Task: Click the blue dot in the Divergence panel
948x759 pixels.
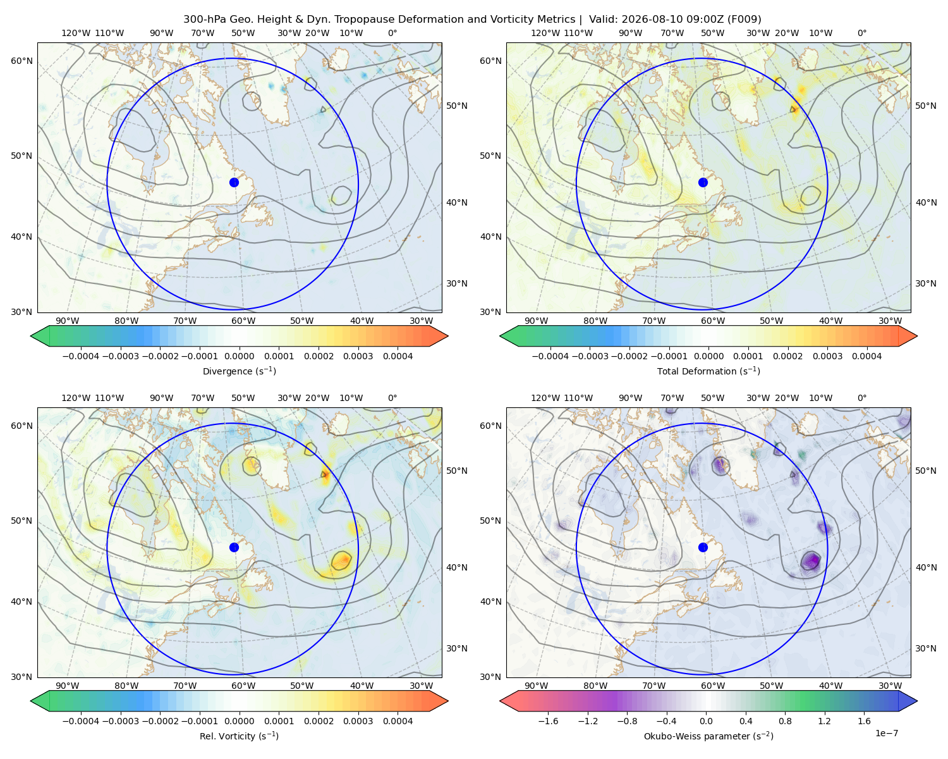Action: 234,182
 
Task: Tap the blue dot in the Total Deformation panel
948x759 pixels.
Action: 703,182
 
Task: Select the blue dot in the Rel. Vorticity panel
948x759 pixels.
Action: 234,547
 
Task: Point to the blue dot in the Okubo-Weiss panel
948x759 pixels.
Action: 703,547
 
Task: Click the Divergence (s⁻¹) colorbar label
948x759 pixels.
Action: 239,371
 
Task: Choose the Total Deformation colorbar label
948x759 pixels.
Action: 708,371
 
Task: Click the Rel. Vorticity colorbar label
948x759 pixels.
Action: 239,736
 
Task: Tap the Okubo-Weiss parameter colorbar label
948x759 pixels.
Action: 708,736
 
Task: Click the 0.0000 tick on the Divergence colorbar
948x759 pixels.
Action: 239,356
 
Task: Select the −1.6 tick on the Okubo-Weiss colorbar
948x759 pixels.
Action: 549,720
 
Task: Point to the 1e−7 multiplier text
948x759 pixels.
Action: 886,733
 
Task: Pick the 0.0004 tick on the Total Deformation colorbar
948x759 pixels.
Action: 866,356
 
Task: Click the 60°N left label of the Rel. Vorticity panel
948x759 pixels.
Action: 21,426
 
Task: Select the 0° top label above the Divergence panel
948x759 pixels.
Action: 392,33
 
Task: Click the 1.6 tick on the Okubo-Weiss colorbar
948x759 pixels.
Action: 864,720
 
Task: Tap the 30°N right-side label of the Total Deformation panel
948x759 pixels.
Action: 925,283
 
